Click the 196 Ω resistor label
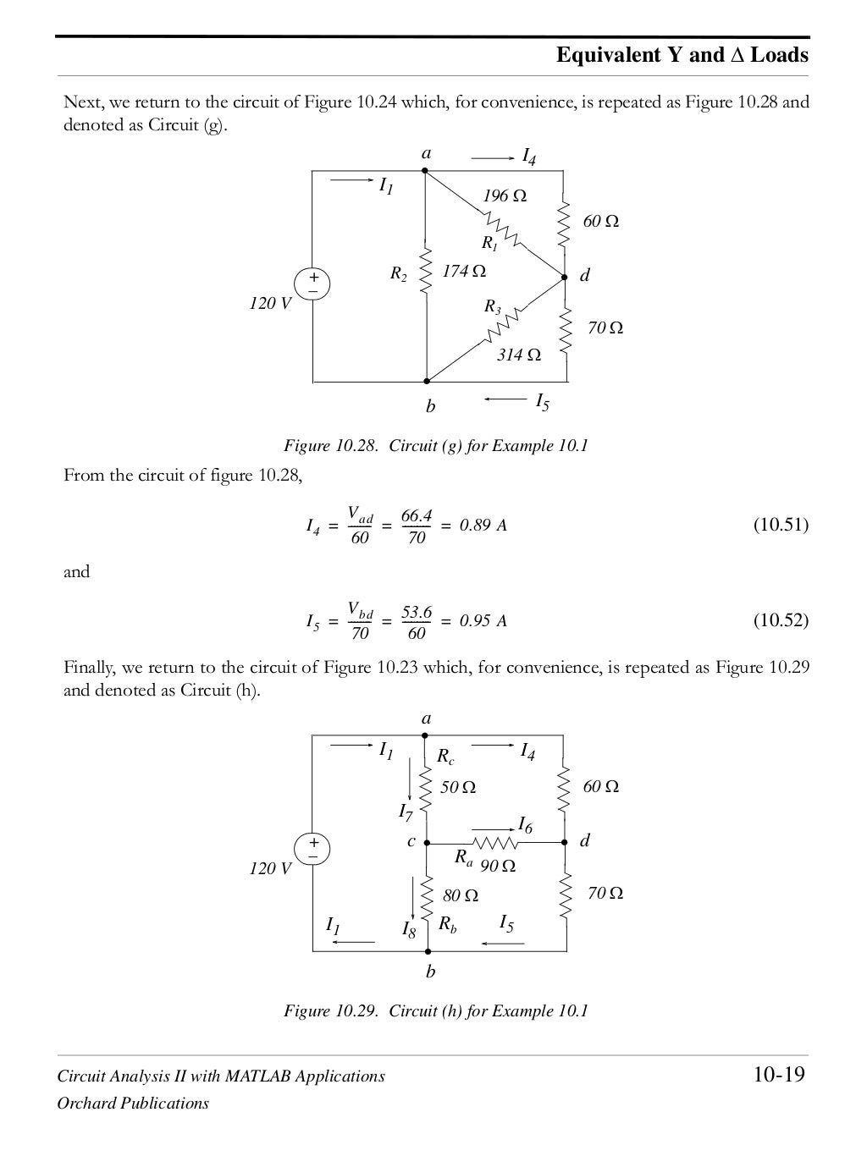pos(505,196)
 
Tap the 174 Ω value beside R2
pos(464,272)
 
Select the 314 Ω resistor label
pos(518,355)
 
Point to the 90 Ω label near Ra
pos(498,867)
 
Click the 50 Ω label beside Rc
pos(458,788)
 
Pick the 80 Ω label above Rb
pos(461,895)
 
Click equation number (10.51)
pos(781,526)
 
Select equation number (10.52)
pos(781,620)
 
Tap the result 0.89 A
pos(483,526)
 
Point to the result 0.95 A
pos(483,621)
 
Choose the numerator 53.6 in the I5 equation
pos(417,611)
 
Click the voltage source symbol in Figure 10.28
pos(312,283)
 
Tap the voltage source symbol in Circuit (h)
pos(312,848)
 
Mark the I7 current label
pos(406,812)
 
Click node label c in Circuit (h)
pos(411,841)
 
